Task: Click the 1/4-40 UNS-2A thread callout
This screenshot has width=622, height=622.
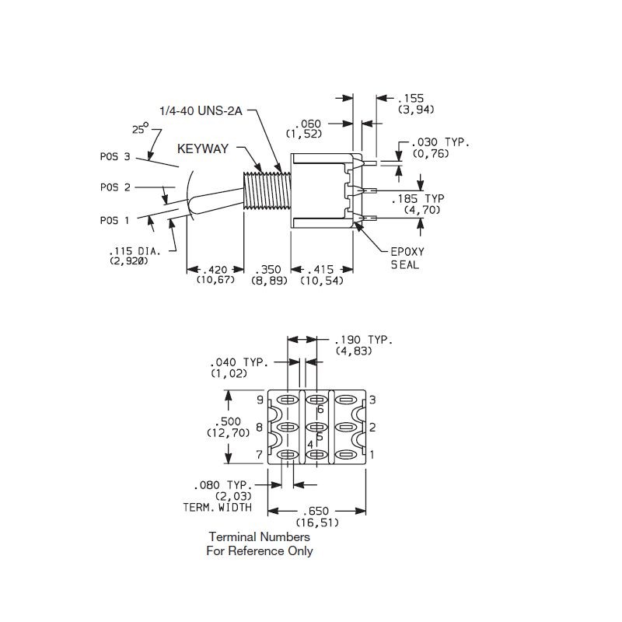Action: click(x=201, y=111)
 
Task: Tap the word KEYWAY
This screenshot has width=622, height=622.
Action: click(x=204, y=148)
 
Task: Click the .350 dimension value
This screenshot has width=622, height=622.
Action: click(x=267, y=270)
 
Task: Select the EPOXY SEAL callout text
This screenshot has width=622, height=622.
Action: click(x=405, y=257)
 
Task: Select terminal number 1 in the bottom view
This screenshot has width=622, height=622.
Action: click(x=372, y=454)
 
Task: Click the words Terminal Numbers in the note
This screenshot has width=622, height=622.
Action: click(x=259, y=537)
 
